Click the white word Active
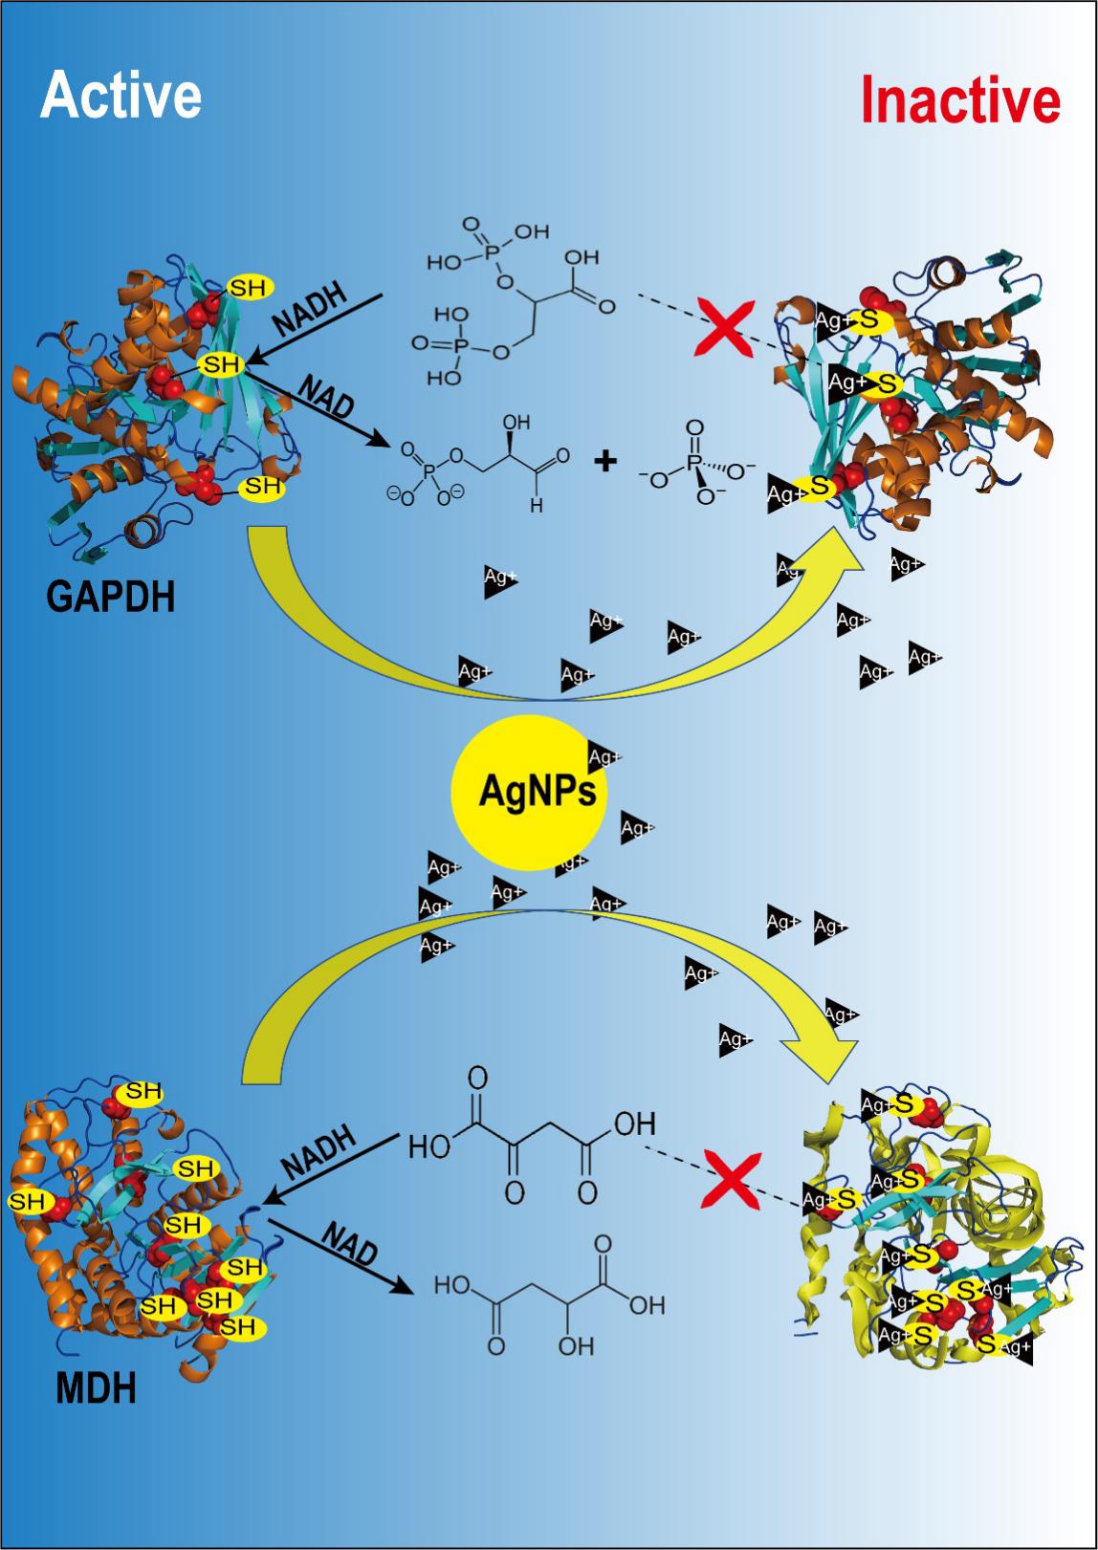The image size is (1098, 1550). [x=121, y=96]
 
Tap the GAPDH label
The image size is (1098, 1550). [x=111, y=598]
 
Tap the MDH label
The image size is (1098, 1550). [x=96, y=1387]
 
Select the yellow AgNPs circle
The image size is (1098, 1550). [x=528, y=793]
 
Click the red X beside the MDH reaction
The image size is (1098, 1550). [x=733, y=1178]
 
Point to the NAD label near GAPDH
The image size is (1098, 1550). [x=326, y=396]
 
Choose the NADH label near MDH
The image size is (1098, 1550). [x=319, y=1151]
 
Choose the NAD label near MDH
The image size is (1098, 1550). [x=349, y=1244]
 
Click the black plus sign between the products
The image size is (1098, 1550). [x=605, y=462]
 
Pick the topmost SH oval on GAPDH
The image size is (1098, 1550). [x=251, y=286]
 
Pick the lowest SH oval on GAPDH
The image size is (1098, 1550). [x=261, y=487]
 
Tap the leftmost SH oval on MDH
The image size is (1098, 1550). [x=29, y=1201]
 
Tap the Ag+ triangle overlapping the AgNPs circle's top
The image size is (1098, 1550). [x=603, y=757]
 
